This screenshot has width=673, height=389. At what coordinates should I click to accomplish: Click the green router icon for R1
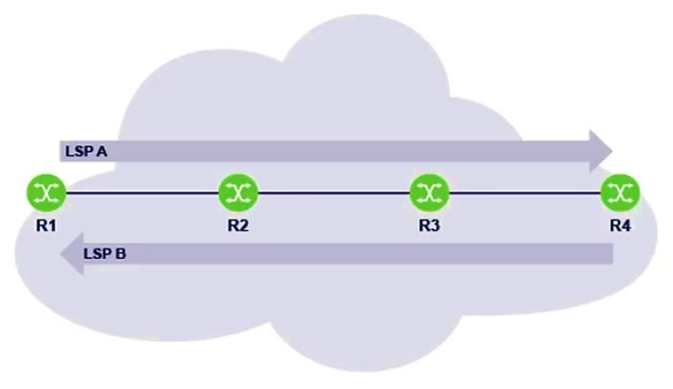46,193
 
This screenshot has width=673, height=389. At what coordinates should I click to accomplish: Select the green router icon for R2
238,193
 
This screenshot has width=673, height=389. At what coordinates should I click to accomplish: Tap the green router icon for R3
430,193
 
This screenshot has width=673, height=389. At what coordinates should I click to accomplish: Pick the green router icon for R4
620,193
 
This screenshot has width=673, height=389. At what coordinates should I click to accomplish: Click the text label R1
46,225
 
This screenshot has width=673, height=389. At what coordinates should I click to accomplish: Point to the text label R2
238,225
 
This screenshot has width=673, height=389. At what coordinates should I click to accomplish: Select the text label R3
430,225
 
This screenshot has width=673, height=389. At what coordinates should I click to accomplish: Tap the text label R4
620,225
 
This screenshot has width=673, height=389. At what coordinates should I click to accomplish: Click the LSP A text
87,151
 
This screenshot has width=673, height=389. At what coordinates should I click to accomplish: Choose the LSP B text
105,253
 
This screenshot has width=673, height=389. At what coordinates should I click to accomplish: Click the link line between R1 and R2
142,193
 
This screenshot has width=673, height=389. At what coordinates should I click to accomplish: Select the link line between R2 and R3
334,193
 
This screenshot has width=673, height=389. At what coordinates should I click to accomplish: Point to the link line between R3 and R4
525,193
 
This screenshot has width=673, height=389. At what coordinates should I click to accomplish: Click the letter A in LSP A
101,151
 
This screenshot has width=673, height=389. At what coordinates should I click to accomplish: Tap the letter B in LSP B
120,253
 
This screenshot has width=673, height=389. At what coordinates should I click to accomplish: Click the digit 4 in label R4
626,225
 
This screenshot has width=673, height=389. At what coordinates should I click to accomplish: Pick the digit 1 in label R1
52,225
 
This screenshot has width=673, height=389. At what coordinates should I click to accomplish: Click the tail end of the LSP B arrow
612,253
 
